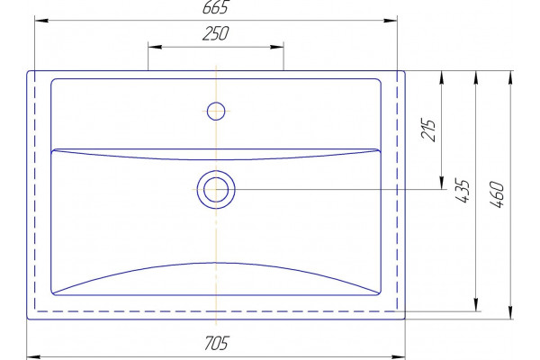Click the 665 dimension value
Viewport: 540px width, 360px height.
pyautogui.click(x=216, y=7)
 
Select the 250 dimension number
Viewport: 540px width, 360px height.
pyautogui.click(x=216, y=33)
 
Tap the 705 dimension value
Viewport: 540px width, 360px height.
pyautogui.click(x=216, y=343)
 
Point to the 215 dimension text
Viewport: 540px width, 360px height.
pyautogui.click(x=428, y=130)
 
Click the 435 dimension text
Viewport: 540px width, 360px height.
pyautogui.click(x=463, y=191)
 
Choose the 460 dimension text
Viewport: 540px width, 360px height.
pyautogui.click(x=497, y=194)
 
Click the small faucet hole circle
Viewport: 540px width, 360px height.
pyautogui.click(x=216, y=111)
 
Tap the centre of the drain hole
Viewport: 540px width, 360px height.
pyautogui.click(x=216, y=190)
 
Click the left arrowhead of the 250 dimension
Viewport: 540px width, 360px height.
pyautogui.click(x=155, y=47)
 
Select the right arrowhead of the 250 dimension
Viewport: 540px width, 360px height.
pyautogui.click(x=277, y=47)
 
